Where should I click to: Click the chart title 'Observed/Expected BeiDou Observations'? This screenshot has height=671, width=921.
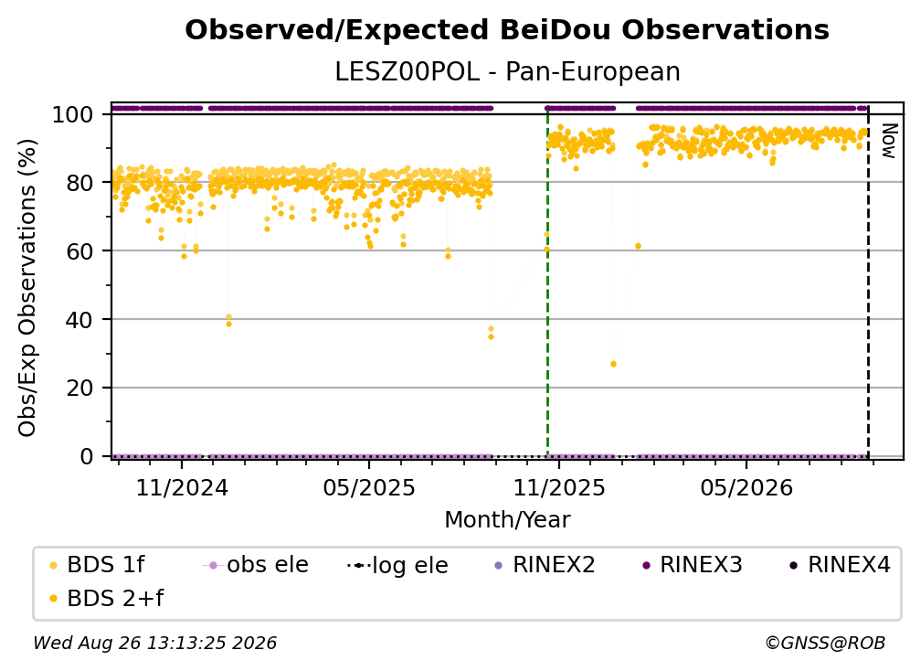(x=507, y=30)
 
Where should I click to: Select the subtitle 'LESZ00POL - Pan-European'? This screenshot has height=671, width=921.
(x=507, y=71)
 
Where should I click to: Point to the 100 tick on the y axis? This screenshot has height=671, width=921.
(x=73, y=114)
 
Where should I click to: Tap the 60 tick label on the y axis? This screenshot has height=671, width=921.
(x=79, y=251)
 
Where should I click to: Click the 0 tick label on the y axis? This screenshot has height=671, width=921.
(x=87, y=456)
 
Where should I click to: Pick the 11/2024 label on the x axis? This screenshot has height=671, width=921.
(x=182, y=487)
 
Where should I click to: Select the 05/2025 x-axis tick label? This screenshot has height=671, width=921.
(x=369, y=487)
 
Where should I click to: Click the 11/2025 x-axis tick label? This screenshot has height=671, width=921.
(x=559, y=487)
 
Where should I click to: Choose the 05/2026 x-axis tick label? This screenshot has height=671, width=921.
(x=746, y=487)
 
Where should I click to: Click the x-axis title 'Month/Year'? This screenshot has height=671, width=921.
(x=507, y=520)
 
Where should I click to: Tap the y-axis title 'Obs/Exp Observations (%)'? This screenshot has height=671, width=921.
(x=27, y=288)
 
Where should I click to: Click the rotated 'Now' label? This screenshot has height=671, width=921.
(x=889, y=141)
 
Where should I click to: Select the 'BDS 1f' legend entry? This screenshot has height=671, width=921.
(x=98, y=565)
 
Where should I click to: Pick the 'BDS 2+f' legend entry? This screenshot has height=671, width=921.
(x=106, y=599)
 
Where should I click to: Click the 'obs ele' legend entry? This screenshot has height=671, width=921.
(x=256, y=565)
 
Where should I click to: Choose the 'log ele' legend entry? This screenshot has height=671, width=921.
(x=397, y=566)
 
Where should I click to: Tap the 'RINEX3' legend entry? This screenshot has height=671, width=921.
(x=693, y=565)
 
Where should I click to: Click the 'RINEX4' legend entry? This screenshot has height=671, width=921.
(x=841, y=565)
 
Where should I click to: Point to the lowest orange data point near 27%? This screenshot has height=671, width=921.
(x=613, y=364)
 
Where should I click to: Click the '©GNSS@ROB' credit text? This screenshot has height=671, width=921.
(x=825, y=644)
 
